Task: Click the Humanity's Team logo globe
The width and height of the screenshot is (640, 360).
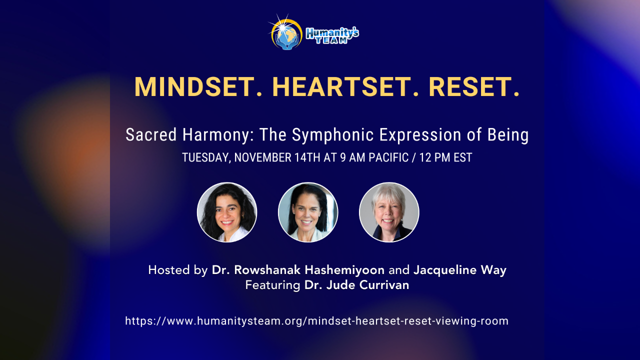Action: click(286, 33)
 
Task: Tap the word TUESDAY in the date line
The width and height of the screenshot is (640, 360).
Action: click(205, 157)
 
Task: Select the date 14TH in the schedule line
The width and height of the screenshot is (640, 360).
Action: click(309, 157)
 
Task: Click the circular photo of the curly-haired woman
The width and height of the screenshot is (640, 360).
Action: click(227, 212)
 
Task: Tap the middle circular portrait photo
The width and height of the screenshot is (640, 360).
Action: click(308, 212)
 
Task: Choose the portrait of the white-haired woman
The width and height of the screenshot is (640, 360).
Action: click(389, 212)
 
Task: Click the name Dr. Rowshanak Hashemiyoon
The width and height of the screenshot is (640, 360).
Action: click(298, 270)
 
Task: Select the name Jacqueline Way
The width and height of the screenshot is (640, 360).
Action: click(460, 270)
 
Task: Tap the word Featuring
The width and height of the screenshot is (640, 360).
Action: click(272, 285)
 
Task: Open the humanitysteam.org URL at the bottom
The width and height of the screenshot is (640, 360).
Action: click(316, 321)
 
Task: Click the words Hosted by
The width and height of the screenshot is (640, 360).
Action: click(177, 270)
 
